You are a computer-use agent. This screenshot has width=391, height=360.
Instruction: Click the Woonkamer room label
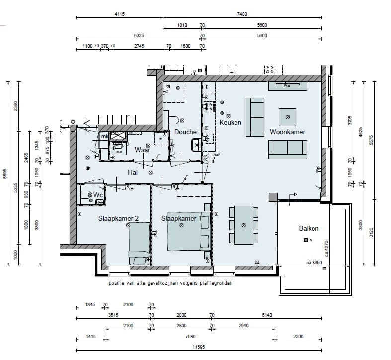pos(287,132)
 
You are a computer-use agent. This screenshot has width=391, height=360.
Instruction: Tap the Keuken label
pos(230,122)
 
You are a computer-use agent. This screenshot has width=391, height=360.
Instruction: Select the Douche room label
pos(185,132)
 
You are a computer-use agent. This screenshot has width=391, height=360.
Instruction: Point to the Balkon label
pos(309,229)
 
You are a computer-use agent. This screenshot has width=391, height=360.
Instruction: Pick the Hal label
pos(132,172)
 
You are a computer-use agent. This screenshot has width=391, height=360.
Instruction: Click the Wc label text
pos(98,196)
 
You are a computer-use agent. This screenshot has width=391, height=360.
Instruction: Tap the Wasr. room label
pos(143,150)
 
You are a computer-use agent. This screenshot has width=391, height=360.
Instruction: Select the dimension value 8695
pos(4,172)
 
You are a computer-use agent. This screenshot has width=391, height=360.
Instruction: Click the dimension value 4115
pos(119,14)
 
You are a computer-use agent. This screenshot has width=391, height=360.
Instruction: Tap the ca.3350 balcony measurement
pos(315,262)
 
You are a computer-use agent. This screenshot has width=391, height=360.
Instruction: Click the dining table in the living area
pos(243,225)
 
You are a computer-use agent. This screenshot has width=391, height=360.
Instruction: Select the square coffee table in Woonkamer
pos(287,117)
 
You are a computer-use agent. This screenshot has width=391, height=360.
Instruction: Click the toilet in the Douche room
pos(173,120)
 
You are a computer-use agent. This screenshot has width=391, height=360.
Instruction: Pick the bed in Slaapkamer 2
pos(140,243)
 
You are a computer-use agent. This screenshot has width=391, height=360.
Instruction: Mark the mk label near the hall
pos(104,136)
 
